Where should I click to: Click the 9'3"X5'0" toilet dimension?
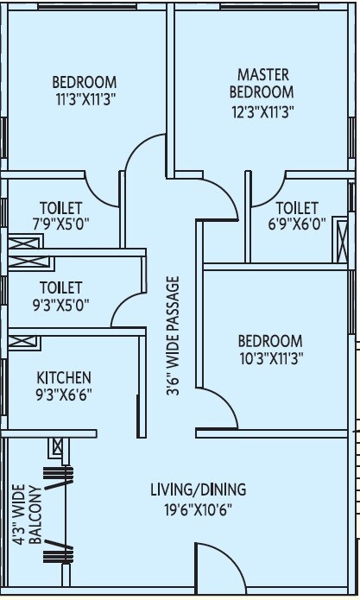(60, 304)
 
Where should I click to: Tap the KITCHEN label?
(63, 378)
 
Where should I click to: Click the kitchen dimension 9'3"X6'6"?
(63, 395)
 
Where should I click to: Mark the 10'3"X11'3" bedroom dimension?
(270, 357)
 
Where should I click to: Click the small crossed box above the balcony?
(57, 447)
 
